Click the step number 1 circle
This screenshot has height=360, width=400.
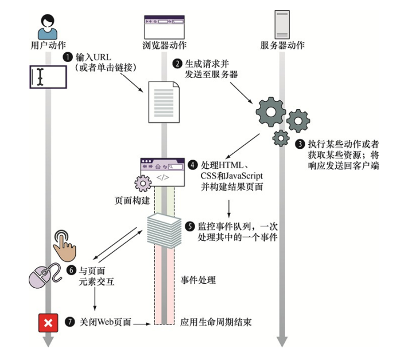click(68, 57)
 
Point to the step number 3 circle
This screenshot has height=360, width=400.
click(300, 144)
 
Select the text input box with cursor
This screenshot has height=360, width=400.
click(47, 77)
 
